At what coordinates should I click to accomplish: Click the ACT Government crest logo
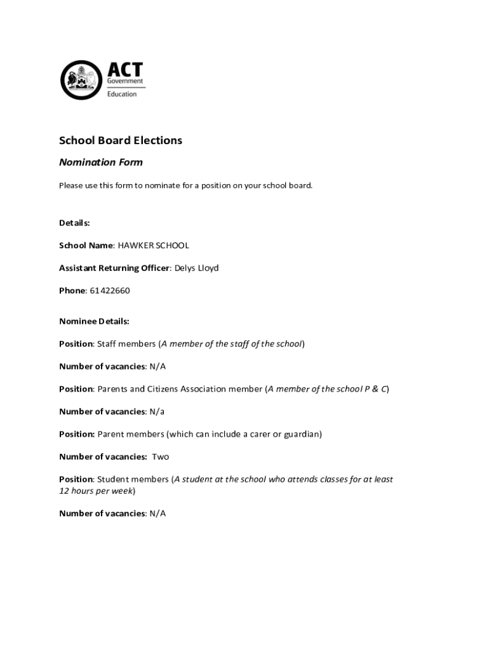pos(81,80)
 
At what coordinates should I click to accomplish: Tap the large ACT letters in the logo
pos(124,69)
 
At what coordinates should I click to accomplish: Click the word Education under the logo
pos(121,94)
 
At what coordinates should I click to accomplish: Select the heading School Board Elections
pos(121,140)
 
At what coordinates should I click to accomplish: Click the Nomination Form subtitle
pos(101,162)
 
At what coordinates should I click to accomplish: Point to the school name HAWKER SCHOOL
pos(153,246)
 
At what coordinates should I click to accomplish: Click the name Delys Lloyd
pos(196,269)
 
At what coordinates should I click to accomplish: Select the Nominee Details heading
pos(94,322)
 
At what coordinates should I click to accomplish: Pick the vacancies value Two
pos(160,457)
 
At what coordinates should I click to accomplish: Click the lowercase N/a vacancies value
pos(157,412)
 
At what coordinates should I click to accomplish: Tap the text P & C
pos(375,389)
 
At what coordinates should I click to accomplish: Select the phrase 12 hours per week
pos(96,491)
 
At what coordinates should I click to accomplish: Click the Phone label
pos(72,291)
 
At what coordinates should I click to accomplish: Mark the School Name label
pos(86,246)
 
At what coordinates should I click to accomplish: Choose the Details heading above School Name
pos(74,223)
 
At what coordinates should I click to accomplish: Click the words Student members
pos(133,479)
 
